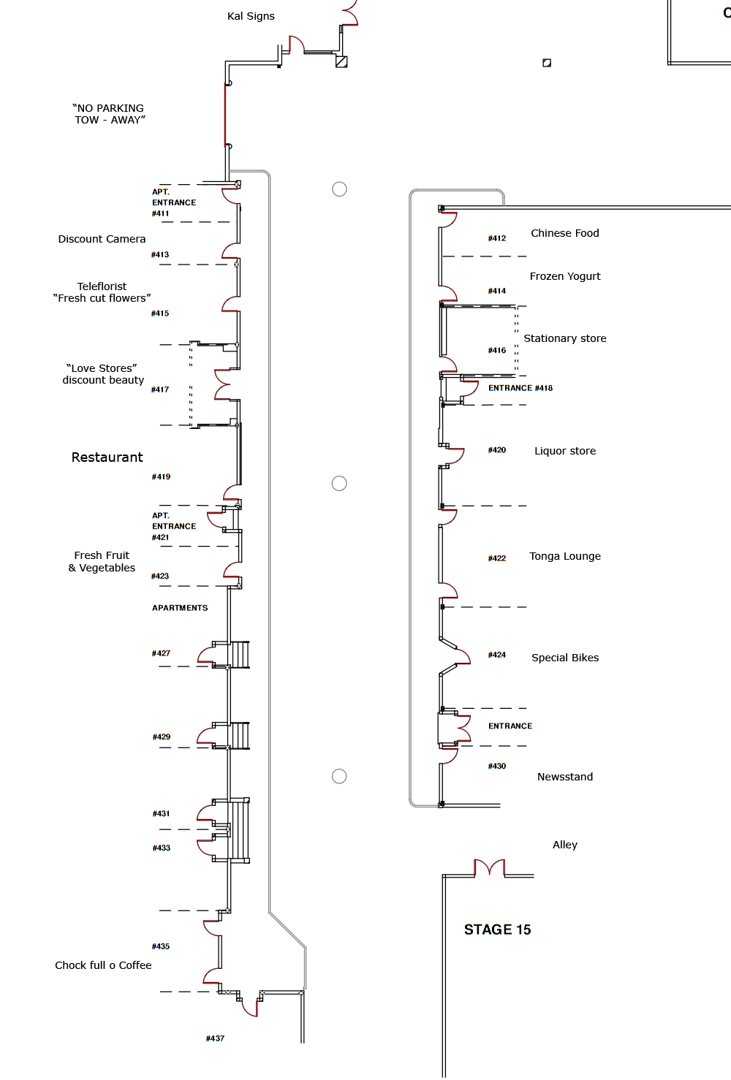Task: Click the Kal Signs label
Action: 251,16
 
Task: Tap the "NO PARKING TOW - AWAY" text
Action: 109,114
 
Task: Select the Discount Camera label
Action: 102,239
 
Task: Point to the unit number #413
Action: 160,254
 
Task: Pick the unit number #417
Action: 160,389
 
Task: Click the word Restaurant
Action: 107,457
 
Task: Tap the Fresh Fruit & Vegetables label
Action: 102,562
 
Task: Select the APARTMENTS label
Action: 180,608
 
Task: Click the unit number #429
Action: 162,737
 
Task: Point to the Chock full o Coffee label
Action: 103,965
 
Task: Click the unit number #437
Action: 215,1038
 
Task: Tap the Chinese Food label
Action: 565,233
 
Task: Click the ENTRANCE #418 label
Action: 520,388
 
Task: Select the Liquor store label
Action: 565,452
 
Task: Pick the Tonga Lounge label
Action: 565,556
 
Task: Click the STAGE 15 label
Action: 497,929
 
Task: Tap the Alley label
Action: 565,845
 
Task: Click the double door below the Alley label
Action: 490,867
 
